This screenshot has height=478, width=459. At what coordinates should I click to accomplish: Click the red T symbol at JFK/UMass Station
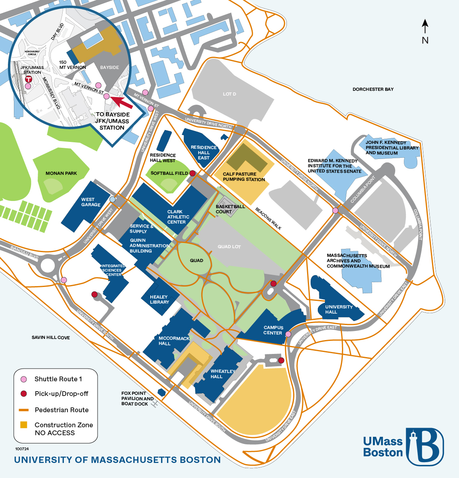[29, 79]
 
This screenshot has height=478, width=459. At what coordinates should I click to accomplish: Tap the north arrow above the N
[425, 27]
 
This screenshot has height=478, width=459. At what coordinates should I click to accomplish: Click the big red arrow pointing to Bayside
[121, 102]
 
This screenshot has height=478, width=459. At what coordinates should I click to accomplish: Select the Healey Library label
[159, 299]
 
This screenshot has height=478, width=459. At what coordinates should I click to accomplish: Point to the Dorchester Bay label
[373, 89]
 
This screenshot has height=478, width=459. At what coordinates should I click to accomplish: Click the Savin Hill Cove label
[51, 338]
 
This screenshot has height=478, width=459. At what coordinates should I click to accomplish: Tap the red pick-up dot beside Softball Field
[192, 173]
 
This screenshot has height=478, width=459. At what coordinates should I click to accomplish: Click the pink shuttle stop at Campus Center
[288, 334]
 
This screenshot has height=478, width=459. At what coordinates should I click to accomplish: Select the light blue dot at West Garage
[112, 199]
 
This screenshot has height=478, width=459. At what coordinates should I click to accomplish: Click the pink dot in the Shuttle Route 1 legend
[24, 379]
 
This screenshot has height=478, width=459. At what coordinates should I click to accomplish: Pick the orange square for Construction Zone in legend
[23, 425]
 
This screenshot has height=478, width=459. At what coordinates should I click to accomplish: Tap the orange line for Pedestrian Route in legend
[23, 410]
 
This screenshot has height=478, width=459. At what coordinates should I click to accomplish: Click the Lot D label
[229, 94]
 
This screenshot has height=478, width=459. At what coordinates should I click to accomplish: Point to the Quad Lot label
[229, 247]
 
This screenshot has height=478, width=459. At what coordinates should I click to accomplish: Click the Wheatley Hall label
[223, 374]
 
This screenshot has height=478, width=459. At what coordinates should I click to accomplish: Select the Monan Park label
[61, 174]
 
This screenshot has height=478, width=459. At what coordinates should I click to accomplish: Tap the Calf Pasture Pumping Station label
[244, 177]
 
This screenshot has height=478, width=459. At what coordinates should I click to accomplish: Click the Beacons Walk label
[268, 218]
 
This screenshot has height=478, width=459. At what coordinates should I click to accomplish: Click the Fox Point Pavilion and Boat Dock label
[137, 398]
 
